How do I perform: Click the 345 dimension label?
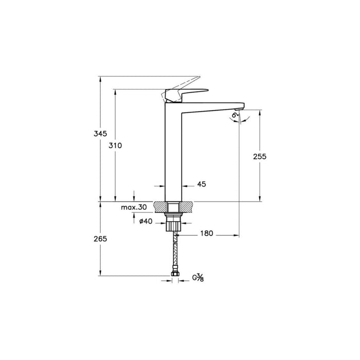[101, 134]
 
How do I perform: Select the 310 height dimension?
[115, 146]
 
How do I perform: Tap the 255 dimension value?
[260, 157]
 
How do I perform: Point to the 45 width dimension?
[201, 184]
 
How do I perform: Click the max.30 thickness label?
[134, 207]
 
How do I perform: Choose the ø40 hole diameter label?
[146, 222]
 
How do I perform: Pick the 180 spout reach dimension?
[206, 233]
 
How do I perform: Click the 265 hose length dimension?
[101, 238]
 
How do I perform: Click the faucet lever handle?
[185, 93]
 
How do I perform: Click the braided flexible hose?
[174, 252]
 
